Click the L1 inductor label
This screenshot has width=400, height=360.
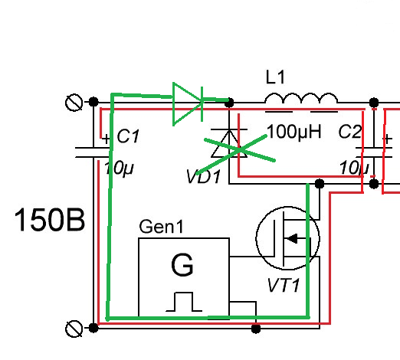tap(275, 77)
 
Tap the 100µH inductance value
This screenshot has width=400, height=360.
tap(293, 132)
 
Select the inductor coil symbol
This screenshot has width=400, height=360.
tap(301, 99)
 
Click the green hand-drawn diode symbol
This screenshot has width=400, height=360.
tap(188, 103)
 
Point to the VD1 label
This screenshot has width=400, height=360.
tap(204, 176)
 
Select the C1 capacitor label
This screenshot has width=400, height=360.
tap(128, 136)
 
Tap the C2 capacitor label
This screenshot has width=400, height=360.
tap(350, 132)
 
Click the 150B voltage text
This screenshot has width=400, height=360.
tap(50, 219)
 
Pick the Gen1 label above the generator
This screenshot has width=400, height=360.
tap(162, 226)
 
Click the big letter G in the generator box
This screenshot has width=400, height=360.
tap(182, 265)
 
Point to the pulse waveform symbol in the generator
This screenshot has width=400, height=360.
tap(184, 302)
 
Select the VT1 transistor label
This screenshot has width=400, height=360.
tap(284, 285)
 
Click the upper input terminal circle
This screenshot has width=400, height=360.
tap(74, 102)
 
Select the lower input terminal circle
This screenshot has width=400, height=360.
tap(74, 329)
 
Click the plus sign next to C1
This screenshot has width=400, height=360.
tap(106, 139)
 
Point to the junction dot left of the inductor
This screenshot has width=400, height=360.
tap(229, 103)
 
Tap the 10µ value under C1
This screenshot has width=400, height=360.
tap(119, 169)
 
